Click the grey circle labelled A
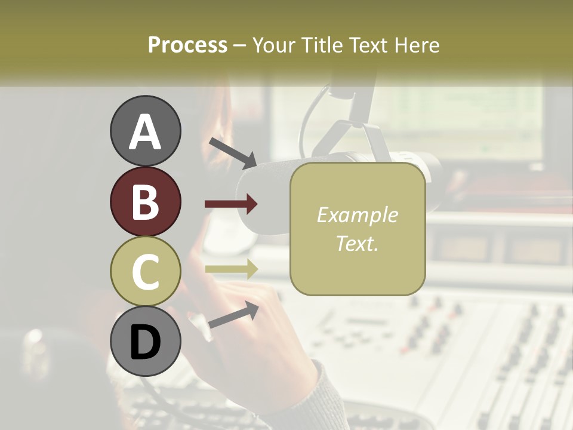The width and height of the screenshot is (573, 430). click(145, 131)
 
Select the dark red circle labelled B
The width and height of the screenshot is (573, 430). click(145, 202)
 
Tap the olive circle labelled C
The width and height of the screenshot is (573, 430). click(145, 272)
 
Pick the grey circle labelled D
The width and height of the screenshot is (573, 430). click(145, 342)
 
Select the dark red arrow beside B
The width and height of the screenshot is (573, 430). click(231, 204)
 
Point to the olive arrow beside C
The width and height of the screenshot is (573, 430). click(231, 269)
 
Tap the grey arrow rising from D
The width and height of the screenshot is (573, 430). click(233, 314)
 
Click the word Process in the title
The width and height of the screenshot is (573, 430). click(187, 45)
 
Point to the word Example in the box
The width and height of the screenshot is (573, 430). click(357, 215)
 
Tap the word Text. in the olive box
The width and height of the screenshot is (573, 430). click(357, 243)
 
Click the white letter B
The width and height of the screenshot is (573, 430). click(145, 202)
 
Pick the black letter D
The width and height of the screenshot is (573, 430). click(145, 342)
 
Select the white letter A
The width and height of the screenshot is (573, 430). click(145, 132)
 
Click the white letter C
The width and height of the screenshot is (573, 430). click(145, 272)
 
